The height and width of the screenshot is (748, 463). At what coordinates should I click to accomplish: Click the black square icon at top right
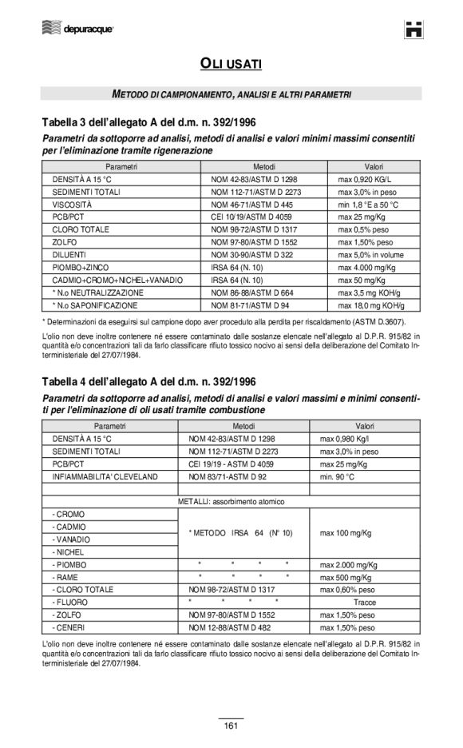[413, 30]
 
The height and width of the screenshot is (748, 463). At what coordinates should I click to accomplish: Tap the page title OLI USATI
[231, 63]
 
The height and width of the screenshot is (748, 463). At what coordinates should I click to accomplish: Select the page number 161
[231, 725]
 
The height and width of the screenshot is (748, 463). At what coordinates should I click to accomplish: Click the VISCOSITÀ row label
[73, 205]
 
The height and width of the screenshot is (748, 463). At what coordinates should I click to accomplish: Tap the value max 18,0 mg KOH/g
[371, 305]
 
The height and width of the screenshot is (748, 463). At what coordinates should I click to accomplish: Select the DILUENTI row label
[70, 255]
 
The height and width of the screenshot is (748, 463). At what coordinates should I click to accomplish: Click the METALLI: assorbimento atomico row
[231, 501]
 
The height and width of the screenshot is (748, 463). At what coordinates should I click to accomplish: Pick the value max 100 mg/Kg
[346, 531]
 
